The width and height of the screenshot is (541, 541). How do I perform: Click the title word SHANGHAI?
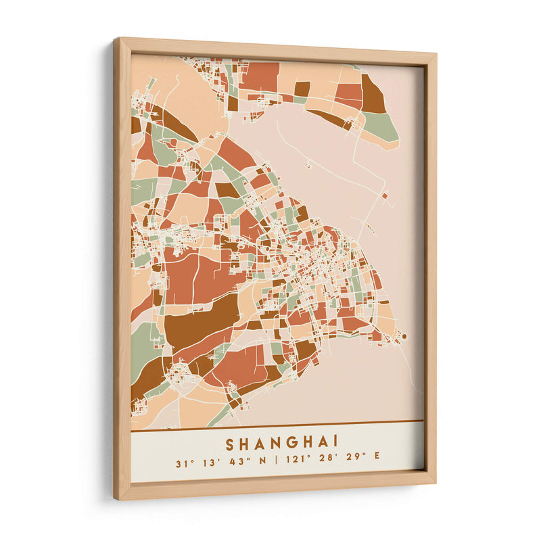point(282,444)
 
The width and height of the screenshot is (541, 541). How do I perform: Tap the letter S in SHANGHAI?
point(230,444)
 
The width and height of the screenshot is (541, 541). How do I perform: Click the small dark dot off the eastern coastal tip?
point(404,335)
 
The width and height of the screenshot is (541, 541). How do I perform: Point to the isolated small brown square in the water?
point(385,196)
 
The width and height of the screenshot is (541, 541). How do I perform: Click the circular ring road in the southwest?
point(181,375)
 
